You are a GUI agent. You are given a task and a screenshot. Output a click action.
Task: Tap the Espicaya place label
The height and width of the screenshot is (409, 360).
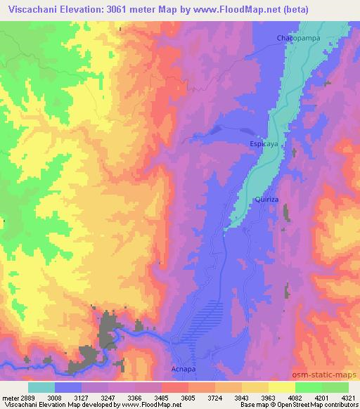(264, 143)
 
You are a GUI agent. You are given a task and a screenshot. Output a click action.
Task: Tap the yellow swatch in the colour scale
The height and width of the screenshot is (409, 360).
(281, 387)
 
